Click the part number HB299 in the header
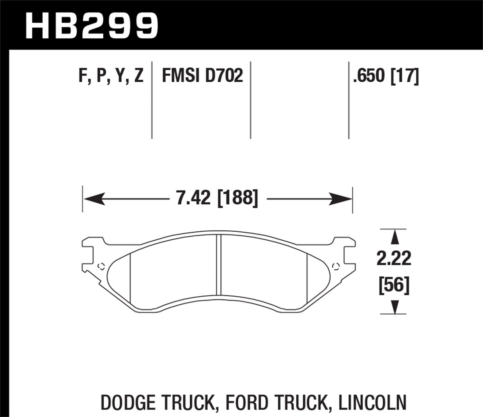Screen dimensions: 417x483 (92, 26)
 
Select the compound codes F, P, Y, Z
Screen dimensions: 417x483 (111, 77)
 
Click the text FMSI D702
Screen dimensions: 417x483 (202, 77)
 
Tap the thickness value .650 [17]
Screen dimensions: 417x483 (386, 77)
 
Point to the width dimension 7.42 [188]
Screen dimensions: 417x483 (217, 198)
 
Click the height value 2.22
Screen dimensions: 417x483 (394, 259)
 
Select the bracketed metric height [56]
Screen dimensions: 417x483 (394, 285)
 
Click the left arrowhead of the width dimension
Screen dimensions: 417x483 (93, 199)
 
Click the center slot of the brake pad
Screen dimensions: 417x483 (219, 264)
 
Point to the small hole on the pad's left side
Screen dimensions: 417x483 (101, 266)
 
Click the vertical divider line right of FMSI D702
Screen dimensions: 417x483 (251, 100)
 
